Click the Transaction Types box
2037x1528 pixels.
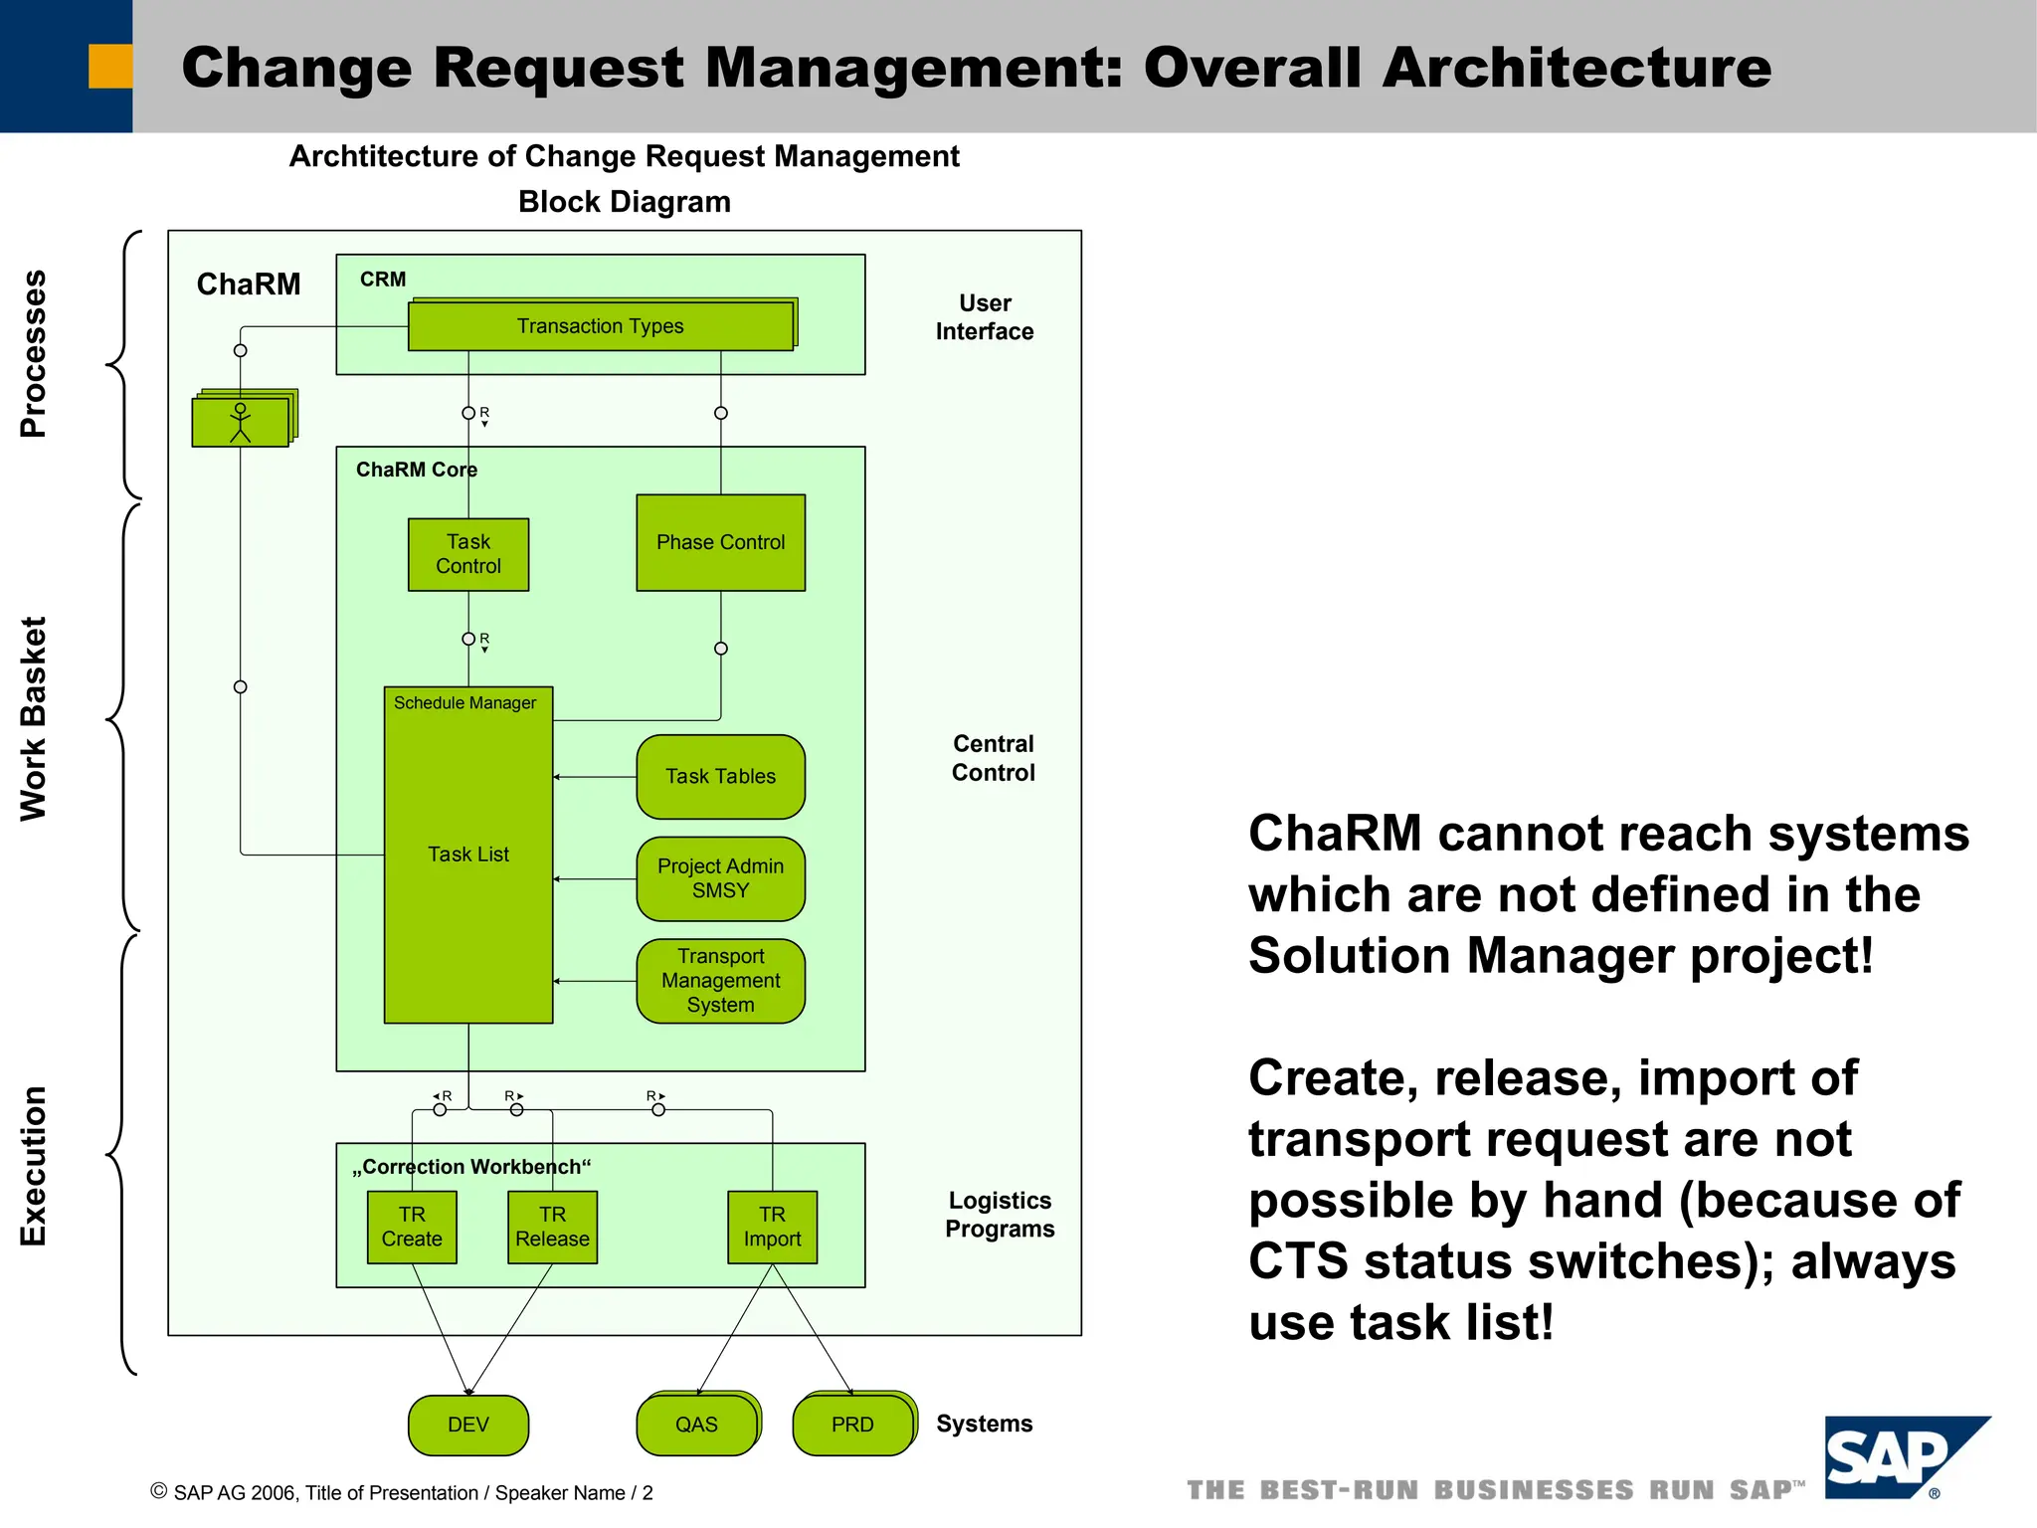point(601,326)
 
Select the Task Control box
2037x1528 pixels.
point(468,554)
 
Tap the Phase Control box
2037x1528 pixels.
point(720,542)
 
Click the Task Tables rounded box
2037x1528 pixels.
point(720,777)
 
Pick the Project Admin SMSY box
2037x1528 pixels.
point(720,878)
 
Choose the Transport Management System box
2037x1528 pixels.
point(720,981)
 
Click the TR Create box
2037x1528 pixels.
point(412,1227)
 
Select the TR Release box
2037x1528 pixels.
point(552,1227)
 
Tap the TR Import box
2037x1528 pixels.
point(772,1227)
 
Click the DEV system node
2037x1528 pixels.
point(468,1425)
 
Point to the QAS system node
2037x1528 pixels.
point(696,1425)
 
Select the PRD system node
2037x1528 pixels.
point(852,1425)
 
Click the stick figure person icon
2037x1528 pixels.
point(240,422)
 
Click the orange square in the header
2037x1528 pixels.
point(110,67)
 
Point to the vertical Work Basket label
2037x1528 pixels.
point(34,718)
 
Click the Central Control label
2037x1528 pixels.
point(993,758)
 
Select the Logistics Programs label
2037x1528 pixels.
point(1000,1215)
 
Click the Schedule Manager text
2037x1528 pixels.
point(464,703)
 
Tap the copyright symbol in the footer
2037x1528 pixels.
point(158,1491)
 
